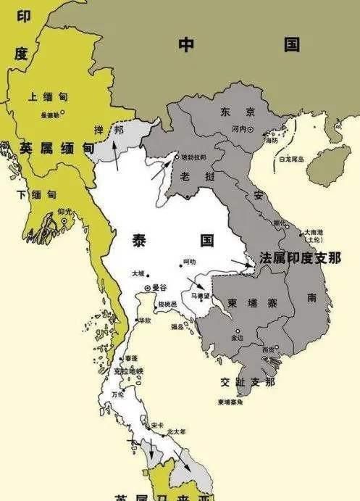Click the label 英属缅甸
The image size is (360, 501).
coord(57,148)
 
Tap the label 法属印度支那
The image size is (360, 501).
coord(301,259)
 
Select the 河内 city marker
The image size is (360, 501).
coord(251,130)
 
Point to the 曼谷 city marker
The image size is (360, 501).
coord(148,288)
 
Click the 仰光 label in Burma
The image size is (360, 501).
coord(65,211)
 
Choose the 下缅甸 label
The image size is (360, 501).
coord(35,194)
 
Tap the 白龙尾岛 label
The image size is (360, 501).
coord(292,159)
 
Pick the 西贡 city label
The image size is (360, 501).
coord(269,349)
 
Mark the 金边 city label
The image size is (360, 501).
coord(238,337)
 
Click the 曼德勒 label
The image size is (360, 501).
coord(51,114)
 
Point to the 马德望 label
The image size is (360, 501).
coord(200,295)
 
